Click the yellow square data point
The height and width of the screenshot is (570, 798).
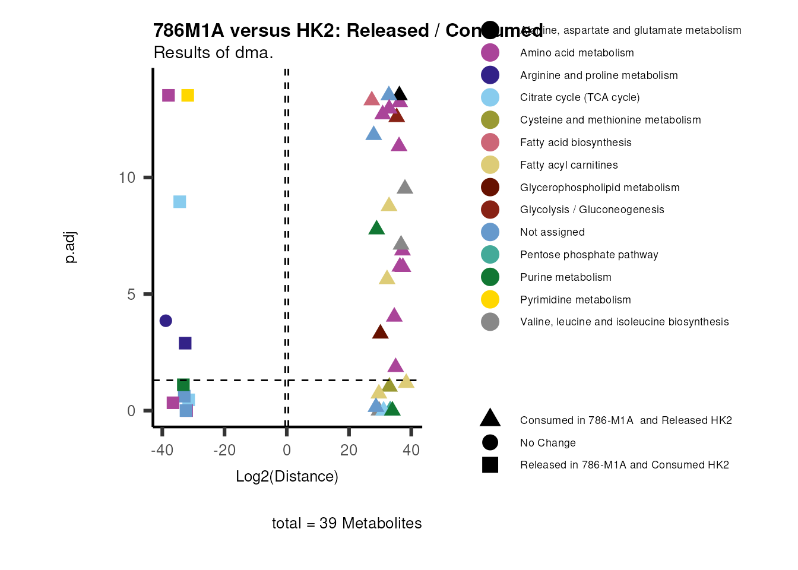click(188, 96)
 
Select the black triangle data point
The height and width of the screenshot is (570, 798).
click(400, 94)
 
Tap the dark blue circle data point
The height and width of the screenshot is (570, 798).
click(166, 321)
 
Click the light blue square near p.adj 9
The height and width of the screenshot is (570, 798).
click(180, 202)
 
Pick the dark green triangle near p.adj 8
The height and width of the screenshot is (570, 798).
click(376, 228)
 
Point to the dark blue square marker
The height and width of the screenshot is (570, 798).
click(185, 343)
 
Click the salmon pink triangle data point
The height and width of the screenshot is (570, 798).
click(372, 99)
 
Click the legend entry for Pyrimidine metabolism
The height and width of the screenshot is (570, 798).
click(575, 300)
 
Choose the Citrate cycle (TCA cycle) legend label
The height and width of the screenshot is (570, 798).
click(579, 97)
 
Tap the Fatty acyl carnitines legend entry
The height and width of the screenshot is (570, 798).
click(568, 165)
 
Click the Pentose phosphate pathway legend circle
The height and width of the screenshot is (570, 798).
click(490, 255)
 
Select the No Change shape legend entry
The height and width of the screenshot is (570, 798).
click(547, 443)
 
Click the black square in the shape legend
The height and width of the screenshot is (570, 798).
click(490, 465)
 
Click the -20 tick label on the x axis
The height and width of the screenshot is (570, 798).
click(224, 450)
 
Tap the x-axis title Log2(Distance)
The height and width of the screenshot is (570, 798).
click(287, 476)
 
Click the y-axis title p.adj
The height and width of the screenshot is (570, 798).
click(70, 248)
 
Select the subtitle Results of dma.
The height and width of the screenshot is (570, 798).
click(213, 53)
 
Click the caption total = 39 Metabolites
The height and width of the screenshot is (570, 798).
click(347, 523)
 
